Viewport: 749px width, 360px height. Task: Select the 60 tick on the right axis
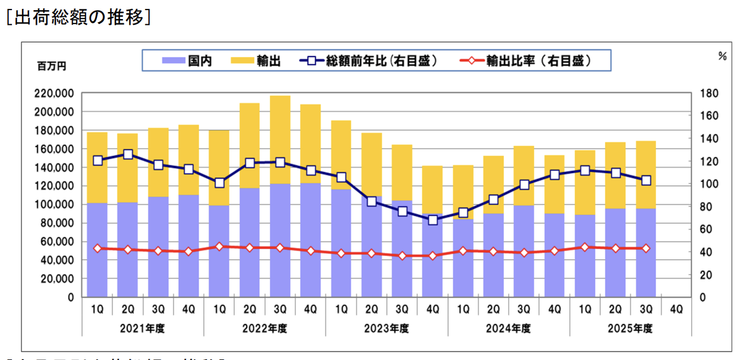tap(707, 229)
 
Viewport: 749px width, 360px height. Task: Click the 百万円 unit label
tap(51, 66)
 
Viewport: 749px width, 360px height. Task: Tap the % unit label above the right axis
tap(722, 56)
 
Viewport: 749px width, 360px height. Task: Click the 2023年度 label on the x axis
tap(387, 328)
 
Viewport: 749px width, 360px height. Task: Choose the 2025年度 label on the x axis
tap(631, 328)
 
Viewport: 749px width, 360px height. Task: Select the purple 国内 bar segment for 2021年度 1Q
tap(98, 250)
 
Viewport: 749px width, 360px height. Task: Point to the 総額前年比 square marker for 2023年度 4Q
tap(433, 220)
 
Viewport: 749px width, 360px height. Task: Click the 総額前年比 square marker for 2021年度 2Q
tap(128, 154)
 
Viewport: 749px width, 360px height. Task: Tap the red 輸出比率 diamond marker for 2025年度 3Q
tap(646, 248)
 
